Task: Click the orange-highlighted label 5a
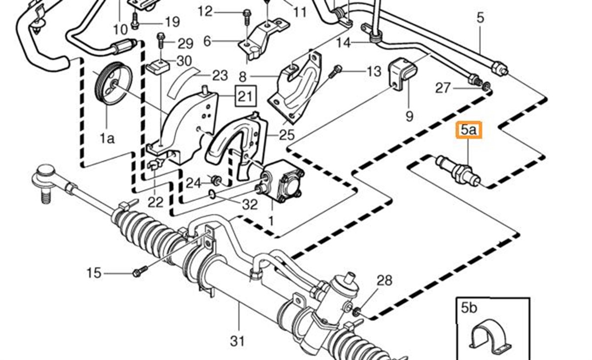469,131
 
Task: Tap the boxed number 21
246,96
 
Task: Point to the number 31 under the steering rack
238,340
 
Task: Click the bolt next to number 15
140,271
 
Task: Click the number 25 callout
287,134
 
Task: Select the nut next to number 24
215,179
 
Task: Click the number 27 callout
443,88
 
